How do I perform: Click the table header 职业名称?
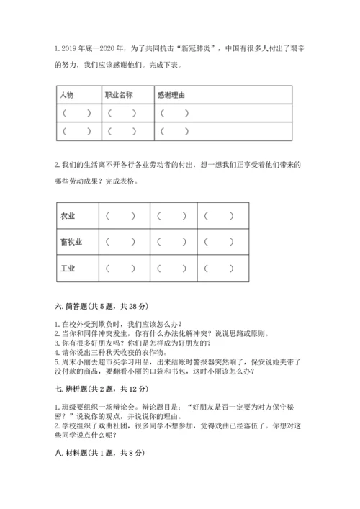pos(119,95)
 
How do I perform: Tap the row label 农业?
pos(68,215)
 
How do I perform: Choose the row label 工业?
pos(68,269)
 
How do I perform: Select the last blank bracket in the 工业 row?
pos(219,269)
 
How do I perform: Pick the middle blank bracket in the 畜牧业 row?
pos(169,242)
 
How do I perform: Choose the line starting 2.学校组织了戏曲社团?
pos(180,428)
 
